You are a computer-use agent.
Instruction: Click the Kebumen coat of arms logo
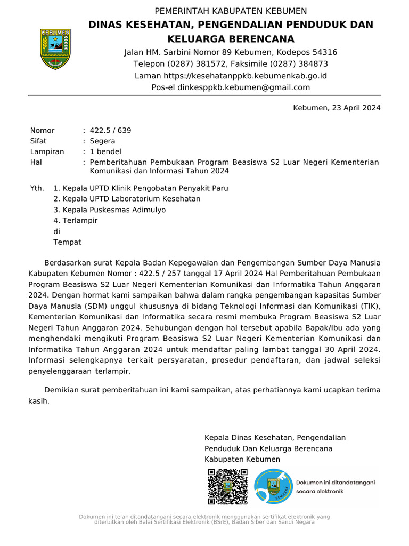pyautogui.click(x=55, y=49)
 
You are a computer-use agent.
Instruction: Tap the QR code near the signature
pyautogui.click(x=227, y=486)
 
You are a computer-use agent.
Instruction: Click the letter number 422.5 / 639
pyautogui.click(x=110, y=130)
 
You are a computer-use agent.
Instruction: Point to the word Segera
pyautogui.click(x=102, y=141)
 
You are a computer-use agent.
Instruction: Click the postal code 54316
pyautogui.click(x=318, y=52)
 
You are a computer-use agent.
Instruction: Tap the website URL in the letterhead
pyautogui.click(x=245, y=76)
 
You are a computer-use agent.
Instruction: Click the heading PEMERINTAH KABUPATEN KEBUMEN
pyautogui.click(x=231, y=11)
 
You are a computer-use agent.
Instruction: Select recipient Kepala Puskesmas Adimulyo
pyautogui.click(x=110, y=210)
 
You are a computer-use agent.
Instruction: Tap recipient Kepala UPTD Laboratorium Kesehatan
pyautogui.click(x=127, y=199)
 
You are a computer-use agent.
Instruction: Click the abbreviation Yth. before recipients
pyautogui.click(x=37, y=188)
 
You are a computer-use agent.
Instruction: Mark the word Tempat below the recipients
pyautogui.click(x=67, y=243)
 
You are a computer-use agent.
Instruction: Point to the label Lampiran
pyautogui.click(x=47, y=152)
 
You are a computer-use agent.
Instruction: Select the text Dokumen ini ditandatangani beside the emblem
pyautogui.click(x=336, y=482)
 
